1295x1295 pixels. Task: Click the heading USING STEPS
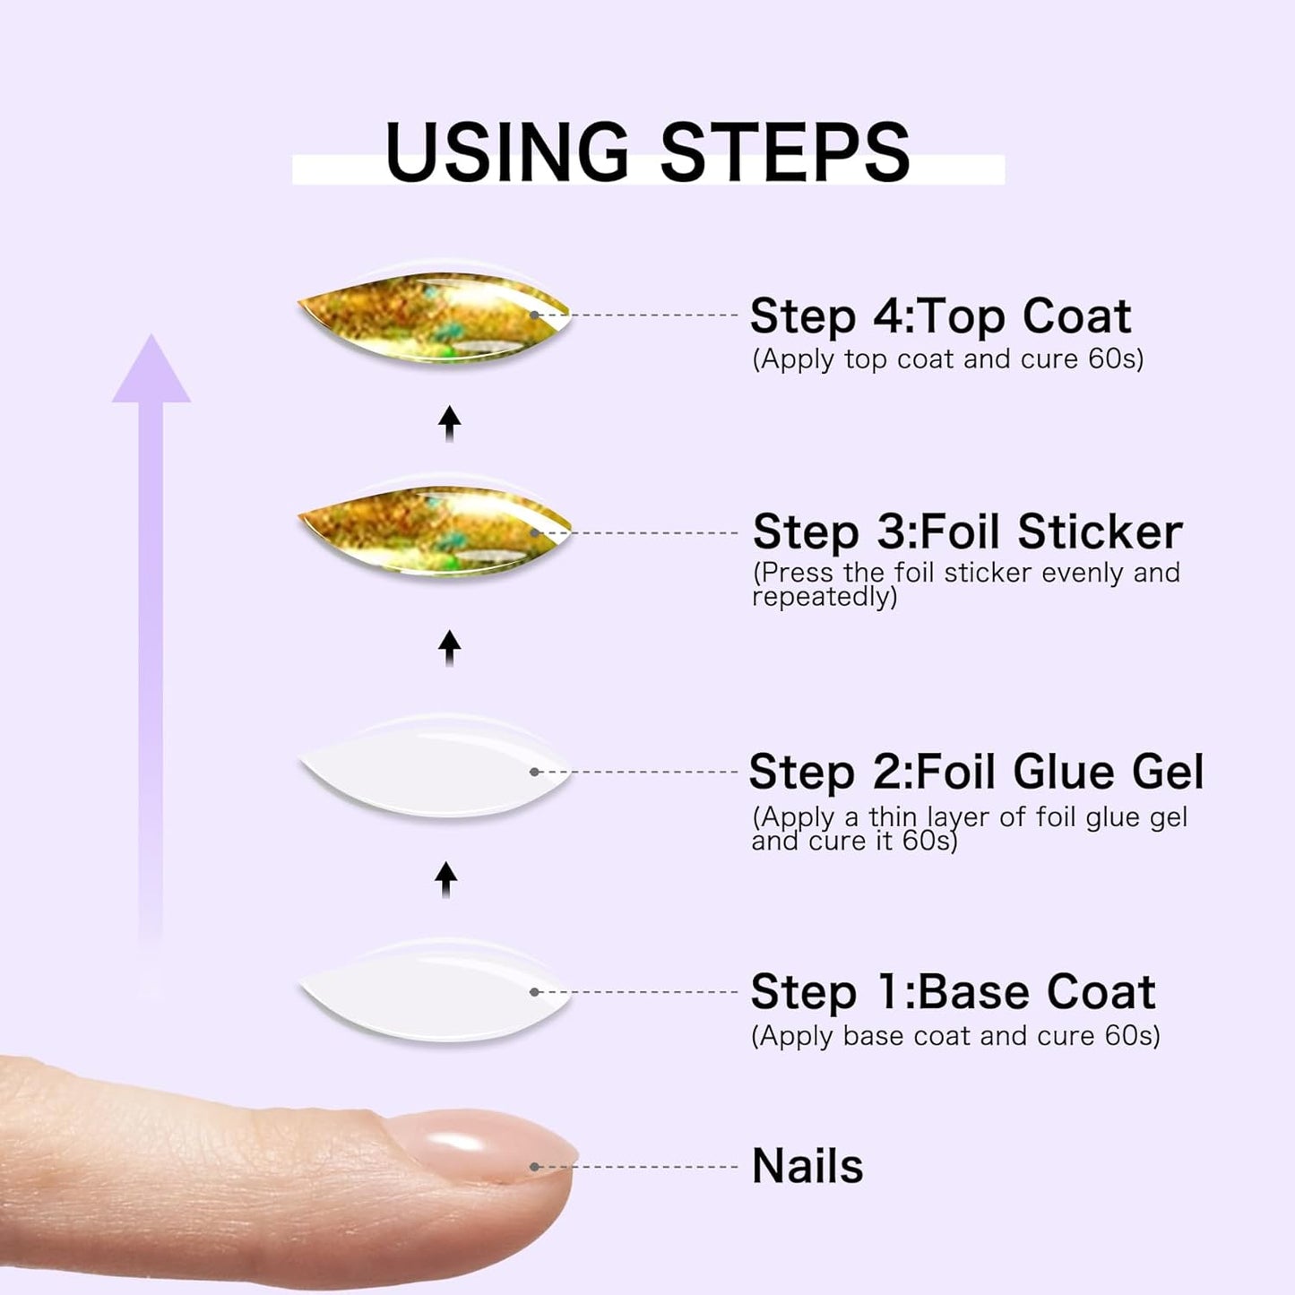(x=647, y=152)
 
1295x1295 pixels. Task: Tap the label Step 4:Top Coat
(x=940, y=316)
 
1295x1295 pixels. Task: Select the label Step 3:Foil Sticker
(x=967, y=531)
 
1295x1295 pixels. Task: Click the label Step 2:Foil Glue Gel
(x=976, y=772)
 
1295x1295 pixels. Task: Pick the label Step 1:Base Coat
(x=953, y=992)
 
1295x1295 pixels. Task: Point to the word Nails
(x=807, y=1166)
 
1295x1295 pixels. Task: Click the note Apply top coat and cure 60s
(x=947, y=359)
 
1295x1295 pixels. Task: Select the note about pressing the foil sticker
(x=965, y=584)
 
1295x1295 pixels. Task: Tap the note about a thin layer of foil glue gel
(x=969, y=829)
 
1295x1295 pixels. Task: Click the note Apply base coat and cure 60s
(x=955, y=1036)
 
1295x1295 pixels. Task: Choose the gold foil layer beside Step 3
(x=435, y=531)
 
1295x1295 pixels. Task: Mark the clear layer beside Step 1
(x=435, y=992)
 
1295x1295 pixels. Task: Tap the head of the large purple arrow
(x=151, y=372)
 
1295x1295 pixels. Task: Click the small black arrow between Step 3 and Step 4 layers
(x=450, y=423)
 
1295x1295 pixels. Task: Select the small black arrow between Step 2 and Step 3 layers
(x=450, y=647)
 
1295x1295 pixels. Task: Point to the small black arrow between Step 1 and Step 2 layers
(x=446, y=879)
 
